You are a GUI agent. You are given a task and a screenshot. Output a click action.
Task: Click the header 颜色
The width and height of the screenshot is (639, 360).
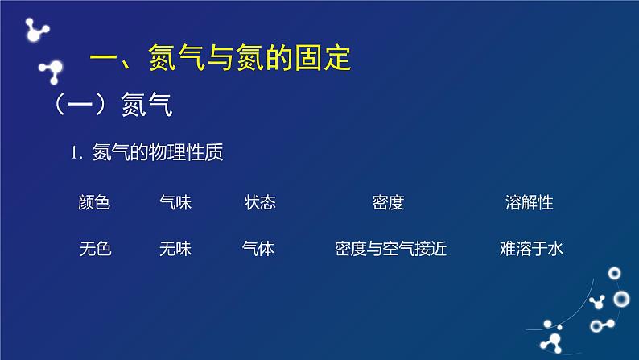pyautogui.click(x=94, y=202)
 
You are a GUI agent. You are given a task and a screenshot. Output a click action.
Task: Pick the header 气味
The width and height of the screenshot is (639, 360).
pyautogui.click(x=175, y=202)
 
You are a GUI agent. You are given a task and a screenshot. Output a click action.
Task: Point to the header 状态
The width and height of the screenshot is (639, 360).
pyautogui.click(x=259, y=202)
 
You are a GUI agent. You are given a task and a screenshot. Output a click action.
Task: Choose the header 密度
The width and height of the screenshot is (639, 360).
pyautogui.click(x=388, y=202)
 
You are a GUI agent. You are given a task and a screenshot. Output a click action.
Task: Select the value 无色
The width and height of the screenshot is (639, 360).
pyautogui.click(x=95, y=249)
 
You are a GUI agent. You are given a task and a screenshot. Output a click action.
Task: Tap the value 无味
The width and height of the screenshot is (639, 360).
pyautogui.click(x=175, y=249)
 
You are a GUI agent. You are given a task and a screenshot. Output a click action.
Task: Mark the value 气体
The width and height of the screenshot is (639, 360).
pyautogui.click(x=258, y=249)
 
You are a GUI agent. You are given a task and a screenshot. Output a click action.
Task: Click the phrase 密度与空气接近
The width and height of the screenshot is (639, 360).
pyautogui.click(x=390, y=249)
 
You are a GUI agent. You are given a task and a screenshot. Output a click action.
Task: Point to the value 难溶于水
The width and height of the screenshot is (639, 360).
pyautogui.click(x=531, y=249)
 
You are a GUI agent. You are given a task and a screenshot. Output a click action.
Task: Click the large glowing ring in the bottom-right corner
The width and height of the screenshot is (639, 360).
pyautogui.click(x=621, y=299)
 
